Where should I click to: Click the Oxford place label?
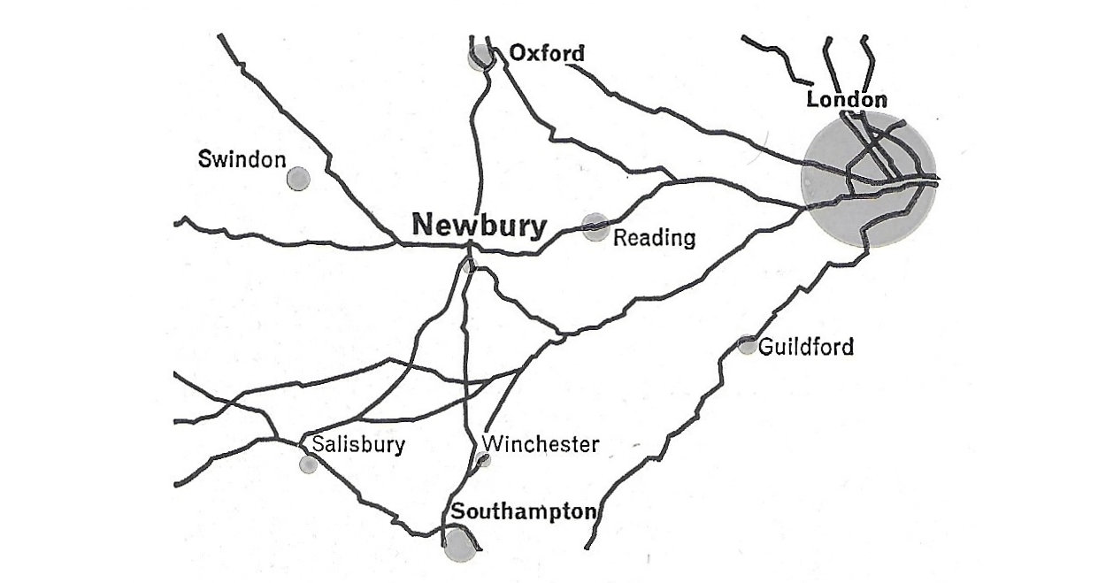547,54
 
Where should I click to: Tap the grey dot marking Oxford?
480,57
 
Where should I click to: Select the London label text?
847,99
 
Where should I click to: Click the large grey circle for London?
868,180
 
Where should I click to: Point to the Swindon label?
242,160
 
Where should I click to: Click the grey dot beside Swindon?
298,178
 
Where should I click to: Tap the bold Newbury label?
479,225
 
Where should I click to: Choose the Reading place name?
654,237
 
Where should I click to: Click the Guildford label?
806,346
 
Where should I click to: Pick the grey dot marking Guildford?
748,345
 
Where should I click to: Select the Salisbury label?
358,444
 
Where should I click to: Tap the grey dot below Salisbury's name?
308,464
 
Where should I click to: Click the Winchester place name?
541,443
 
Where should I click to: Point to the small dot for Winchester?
483,459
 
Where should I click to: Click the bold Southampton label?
524,511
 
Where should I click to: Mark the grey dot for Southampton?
457,542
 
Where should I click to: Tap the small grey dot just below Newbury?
467,265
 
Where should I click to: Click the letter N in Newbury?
423,226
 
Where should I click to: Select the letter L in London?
812,100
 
